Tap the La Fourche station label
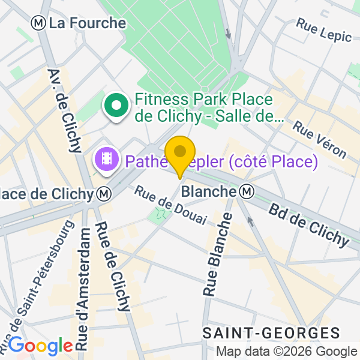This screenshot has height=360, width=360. (x=88, y=23)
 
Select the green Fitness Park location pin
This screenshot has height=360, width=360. (x=115, y=107)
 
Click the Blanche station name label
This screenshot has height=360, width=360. (x=208, y=192)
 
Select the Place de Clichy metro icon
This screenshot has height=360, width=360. (x=104, y=194)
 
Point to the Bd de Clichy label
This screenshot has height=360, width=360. (x=310, y=225)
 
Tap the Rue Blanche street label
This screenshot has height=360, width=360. (x=217, y=254)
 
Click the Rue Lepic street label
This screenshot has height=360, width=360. (x=324, y=29)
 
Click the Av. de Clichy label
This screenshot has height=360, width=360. (x=64, y=110)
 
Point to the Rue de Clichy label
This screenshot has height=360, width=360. (x=113, y=266)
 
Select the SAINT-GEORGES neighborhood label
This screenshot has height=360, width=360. (x=271, y=333)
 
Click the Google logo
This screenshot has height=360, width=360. (x=40, y=346)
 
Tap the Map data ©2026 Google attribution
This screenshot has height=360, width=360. (x=286, y=352)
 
